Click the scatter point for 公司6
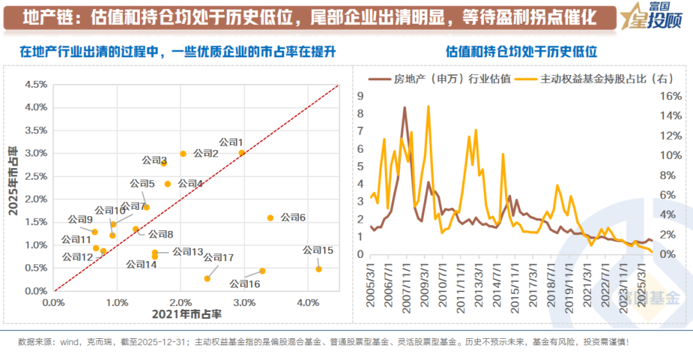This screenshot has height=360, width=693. click(x=270, y=218)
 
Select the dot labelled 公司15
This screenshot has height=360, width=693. click(x=318, y=270)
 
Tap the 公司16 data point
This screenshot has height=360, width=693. click(x=262, y=271)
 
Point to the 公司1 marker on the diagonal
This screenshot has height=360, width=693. click(x=242, y=153)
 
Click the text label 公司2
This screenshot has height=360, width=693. click(x=206, y=154)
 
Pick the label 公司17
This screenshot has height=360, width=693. click(x=219, y=257)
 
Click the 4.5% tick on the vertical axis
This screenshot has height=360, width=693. click(x=35, y=84)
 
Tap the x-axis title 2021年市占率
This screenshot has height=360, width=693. click(x=187, y=314)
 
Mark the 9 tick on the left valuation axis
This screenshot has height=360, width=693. click(x=361, y=96)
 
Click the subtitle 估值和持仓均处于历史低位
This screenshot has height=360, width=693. click(x=521, y=51)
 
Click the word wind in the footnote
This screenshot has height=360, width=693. click(x=69, y=342)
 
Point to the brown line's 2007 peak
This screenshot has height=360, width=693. click(x=404, y=108)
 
